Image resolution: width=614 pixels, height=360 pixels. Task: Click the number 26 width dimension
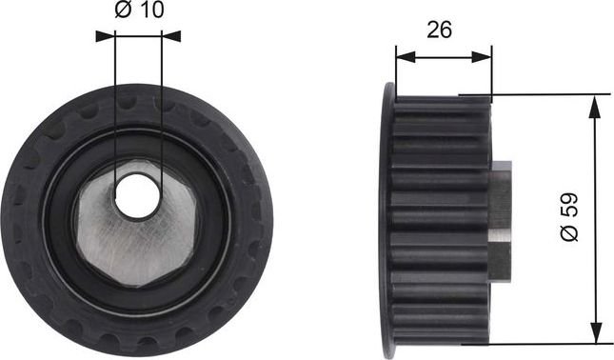click(438, 30)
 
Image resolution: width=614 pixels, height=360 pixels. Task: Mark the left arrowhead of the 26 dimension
click(403, 56)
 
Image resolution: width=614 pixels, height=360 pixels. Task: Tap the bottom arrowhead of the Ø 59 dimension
click(596, 333)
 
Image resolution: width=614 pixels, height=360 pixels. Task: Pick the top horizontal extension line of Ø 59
click(543, 94)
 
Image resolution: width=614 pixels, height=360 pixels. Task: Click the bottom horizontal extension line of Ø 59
click(543, 342)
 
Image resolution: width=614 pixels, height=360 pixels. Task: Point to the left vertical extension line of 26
click(395, 67)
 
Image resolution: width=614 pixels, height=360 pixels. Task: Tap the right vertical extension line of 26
click(492, 71)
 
